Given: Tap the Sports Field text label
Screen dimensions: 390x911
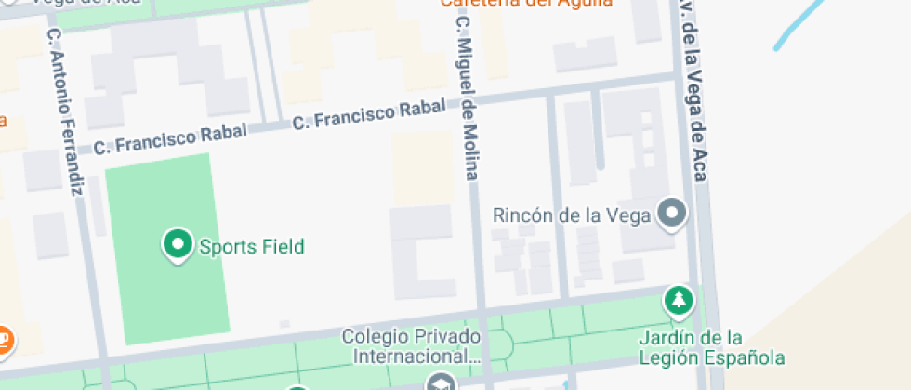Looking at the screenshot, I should click(252, 247).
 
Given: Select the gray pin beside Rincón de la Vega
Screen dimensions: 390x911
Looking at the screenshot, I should click(671, 214).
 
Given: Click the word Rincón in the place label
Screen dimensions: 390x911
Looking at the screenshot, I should click(523, 215).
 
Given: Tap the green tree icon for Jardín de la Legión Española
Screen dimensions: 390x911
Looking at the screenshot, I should click(680, 300).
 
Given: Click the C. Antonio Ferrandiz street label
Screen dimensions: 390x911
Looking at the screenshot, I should click(64, 111).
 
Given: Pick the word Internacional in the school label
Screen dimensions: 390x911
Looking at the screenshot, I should click(412, 356).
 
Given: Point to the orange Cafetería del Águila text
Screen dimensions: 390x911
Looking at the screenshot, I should click(526, 4).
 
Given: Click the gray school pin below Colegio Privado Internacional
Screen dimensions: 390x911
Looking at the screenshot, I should click(442, 383).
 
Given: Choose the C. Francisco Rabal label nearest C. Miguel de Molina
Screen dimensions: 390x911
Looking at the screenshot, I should click(370, 115).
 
